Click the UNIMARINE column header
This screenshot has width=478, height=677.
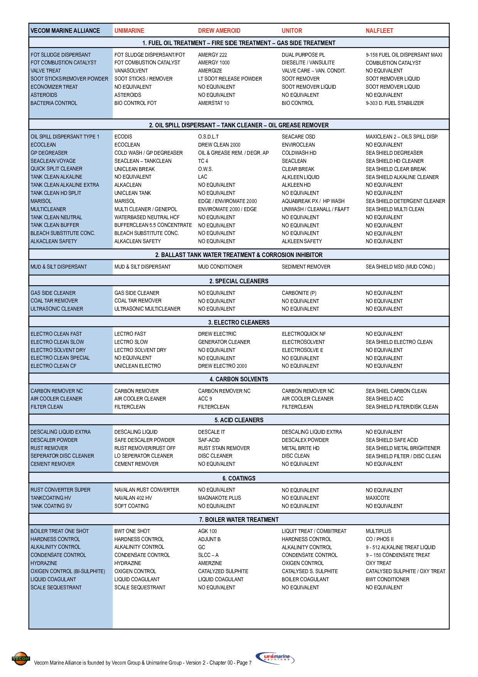point(129,31)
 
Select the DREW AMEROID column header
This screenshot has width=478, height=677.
point(219,31)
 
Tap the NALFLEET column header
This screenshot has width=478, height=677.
point(379,31)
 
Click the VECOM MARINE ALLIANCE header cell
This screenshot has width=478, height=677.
point(65,31)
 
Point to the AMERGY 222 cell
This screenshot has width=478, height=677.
point(212,55)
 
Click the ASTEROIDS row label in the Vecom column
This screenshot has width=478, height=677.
point(44,95)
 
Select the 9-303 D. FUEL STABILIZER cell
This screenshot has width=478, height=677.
point(394,103)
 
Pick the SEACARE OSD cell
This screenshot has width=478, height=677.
point(298,137)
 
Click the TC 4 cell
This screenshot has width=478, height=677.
point(203,161)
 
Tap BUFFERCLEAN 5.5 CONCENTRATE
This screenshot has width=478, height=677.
point(153,225)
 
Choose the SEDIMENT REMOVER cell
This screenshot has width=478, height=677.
point(306,267)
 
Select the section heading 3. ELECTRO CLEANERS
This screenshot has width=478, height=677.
point(239,322)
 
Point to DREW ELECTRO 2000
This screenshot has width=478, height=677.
point(222,366)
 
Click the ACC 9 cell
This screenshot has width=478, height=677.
point(205,399)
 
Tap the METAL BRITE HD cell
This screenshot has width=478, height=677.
point(300,448)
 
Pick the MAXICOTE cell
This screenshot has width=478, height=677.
point(377,498)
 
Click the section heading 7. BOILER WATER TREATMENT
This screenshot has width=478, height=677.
point(239,520)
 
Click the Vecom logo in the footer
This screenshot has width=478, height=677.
point(21,658)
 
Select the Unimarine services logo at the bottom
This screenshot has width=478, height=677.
point(275,657)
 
